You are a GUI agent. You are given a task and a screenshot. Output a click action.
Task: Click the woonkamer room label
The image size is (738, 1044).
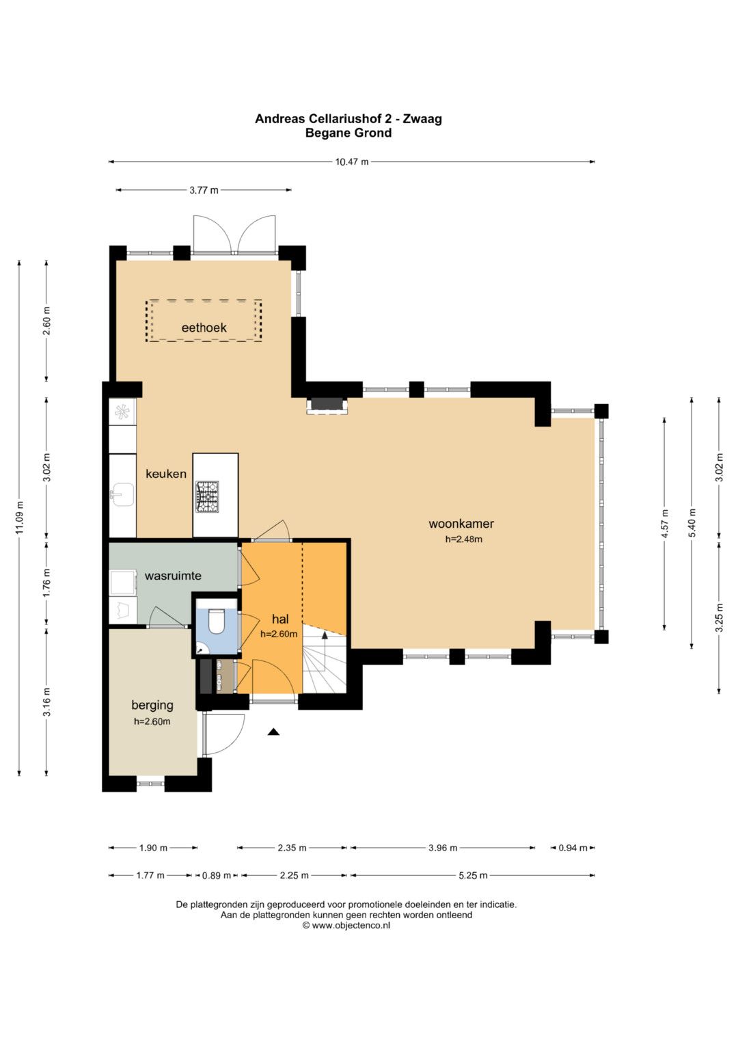pos(461,524)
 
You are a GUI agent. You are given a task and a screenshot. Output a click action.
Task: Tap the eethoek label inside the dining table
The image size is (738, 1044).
pos(204,327)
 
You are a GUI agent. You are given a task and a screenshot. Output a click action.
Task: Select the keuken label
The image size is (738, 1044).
pos(166,474)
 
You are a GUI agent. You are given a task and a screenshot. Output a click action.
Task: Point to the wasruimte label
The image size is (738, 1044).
pos(173,576)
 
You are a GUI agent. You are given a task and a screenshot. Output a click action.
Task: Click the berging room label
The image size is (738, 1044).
pos(152,705)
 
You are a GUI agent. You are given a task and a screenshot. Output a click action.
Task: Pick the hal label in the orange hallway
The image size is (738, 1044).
pos(280,619)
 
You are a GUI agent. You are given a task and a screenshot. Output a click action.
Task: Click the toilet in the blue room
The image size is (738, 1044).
pos(217,621)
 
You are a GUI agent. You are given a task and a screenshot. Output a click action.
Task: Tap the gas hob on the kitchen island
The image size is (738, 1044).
pos(207,497)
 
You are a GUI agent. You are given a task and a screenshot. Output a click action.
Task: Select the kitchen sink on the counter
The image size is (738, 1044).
pos(122,494)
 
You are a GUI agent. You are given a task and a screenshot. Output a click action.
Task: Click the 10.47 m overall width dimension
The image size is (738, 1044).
pos(352,162)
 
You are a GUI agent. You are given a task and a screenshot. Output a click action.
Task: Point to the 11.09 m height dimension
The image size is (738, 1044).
pos(19,518)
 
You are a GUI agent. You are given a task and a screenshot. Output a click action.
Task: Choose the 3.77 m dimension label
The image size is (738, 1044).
pos(204,190)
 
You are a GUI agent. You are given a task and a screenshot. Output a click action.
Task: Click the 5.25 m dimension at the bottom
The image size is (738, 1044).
pos(473,875)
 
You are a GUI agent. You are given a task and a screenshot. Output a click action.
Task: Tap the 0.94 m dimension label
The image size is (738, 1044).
pos(573,848)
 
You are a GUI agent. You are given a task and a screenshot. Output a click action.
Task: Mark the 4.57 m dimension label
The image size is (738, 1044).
pos(665,524)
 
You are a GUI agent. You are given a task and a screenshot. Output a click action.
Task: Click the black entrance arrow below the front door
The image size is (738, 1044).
pos(273,732)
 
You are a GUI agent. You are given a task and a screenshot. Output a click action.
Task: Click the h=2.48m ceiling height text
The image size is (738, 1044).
pos(463,539)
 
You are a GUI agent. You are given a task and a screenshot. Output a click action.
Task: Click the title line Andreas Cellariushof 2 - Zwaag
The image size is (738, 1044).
pos(348,119)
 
